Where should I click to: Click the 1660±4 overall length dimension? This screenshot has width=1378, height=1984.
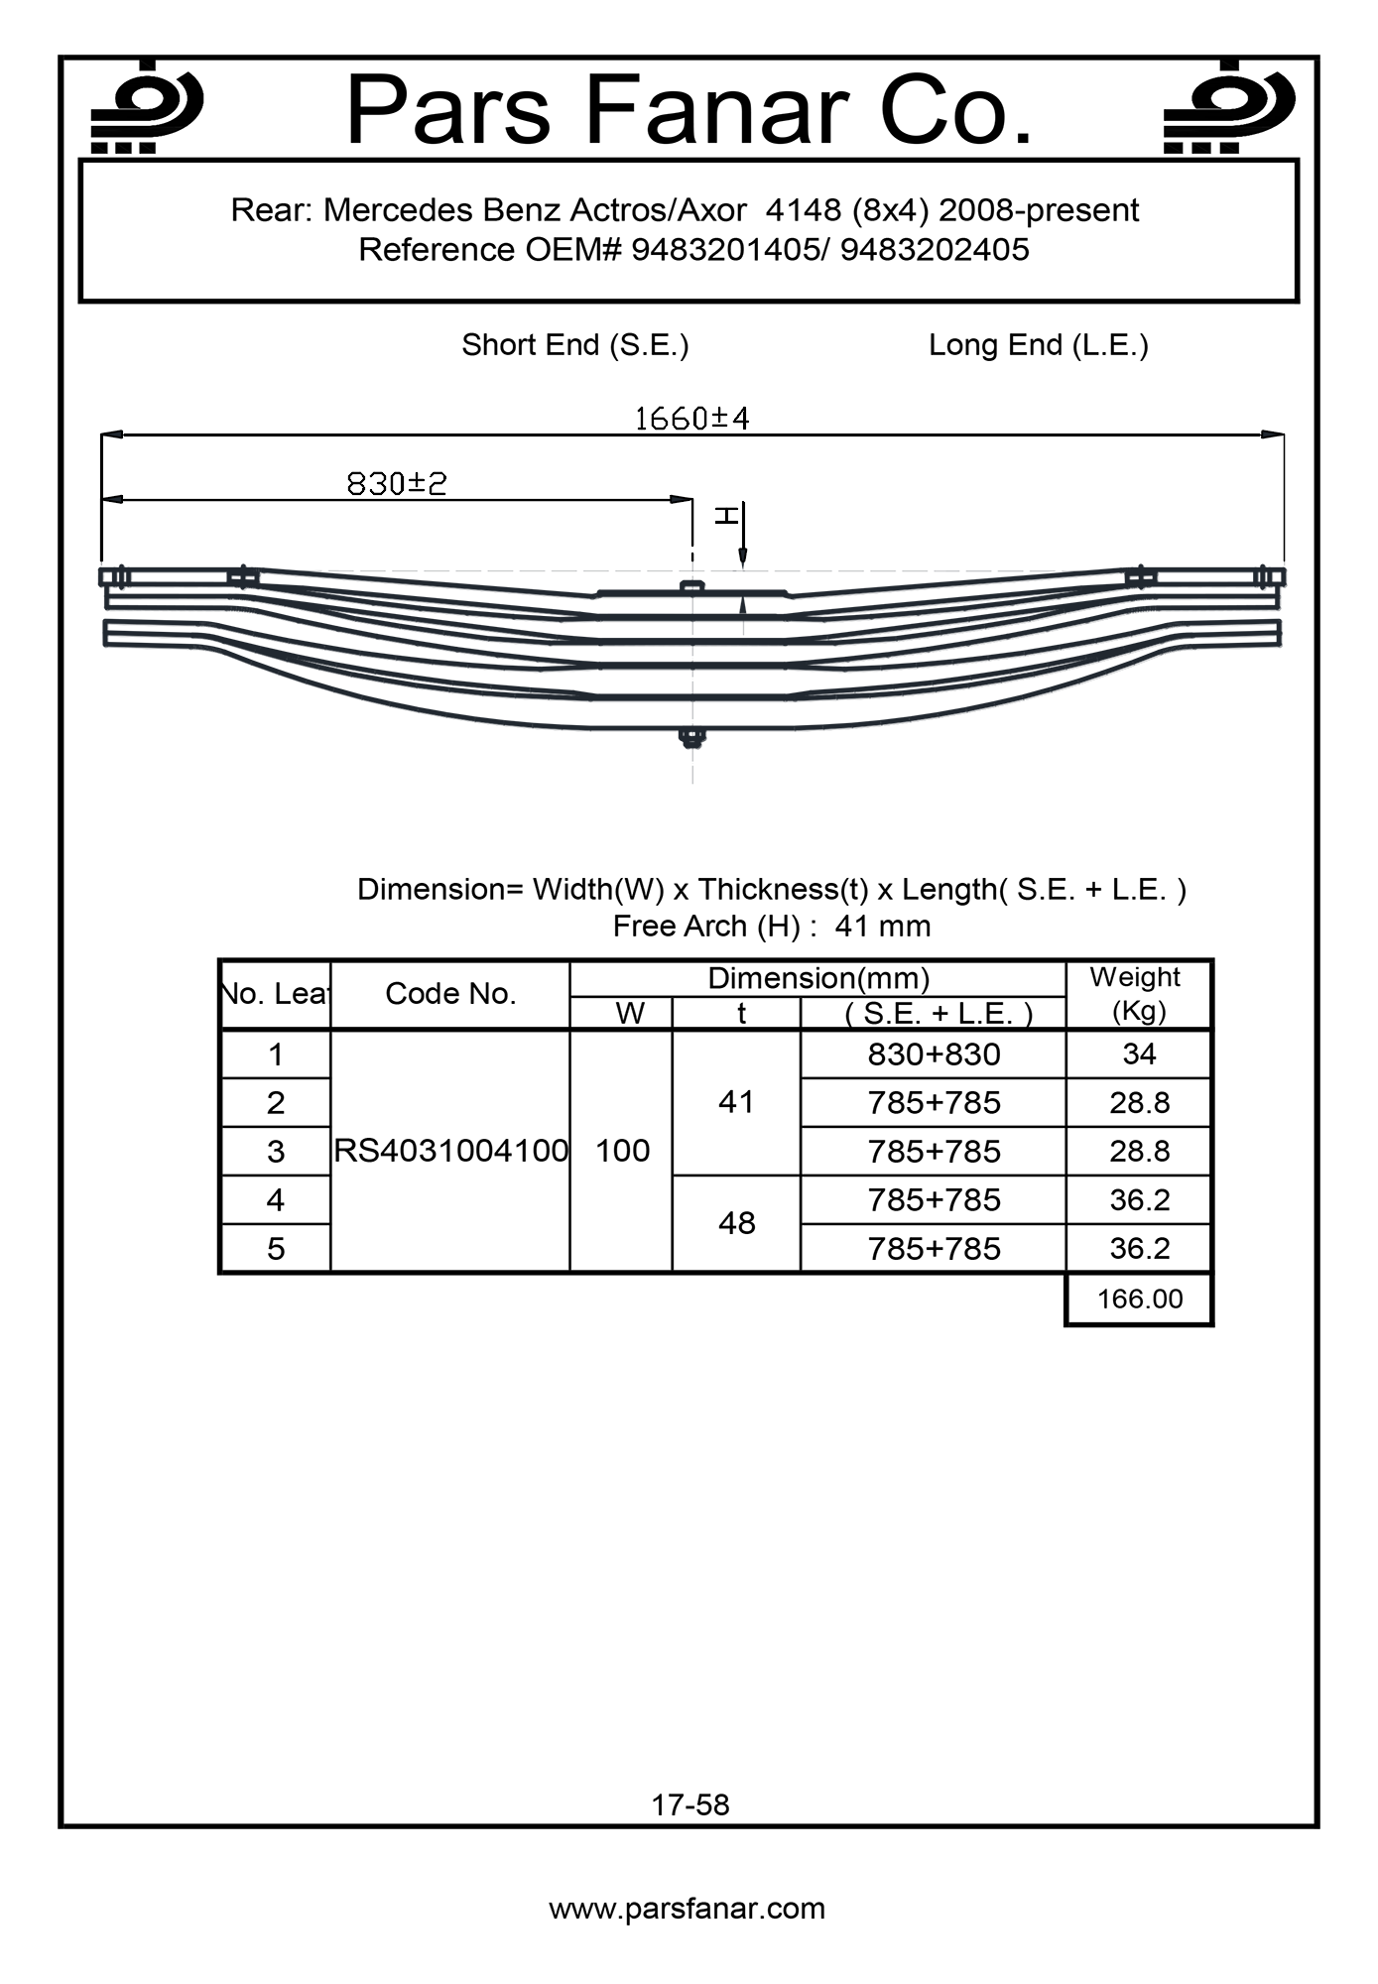[x=691, y=419]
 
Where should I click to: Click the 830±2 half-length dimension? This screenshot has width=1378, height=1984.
[x=397, y=483]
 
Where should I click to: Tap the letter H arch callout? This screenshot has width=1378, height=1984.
[x=727, y=514]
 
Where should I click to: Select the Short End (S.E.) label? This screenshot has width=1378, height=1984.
[x=574, y=345]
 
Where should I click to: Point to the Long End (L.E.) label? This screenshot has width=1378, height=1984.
[x=1038, y=345]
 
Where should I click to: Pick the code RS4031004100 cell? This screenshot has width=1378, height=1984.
[x=450, y=1151]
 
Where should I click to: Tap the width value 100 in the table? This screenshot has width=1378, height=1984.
[x=622, y=1151]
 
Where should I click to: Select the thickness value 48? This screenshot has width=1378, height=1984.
[x=736, y=1223]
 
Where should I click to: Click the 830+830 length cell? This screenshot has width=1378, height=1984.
[x=934, y=1054]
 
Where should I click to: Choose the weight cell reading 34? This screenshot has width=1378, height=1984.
[x=1139, y=1054]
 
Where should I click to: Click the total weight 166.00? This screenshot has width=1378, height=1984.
[x=1140, y=1299]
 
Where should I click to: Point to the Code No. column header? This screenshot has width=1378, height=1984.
[x=450, y=994]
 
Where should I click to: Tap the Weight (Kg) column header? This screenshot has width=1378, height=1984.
[x=1137, y=994]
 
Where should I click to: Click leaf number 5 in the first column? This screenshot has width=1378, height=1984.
[x=276, y=1248]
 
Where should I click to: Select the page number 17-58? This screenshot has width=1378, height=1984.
[x=690, y=1804]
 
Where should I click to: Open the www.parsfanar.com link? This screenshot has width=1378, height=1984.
[x=687, y=1909]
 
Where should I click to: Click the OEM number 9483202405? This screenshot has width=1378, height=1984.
[x=935, y=249]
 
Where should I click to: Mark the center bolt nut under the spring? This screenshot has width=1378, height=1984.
[x=691, y=737]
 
